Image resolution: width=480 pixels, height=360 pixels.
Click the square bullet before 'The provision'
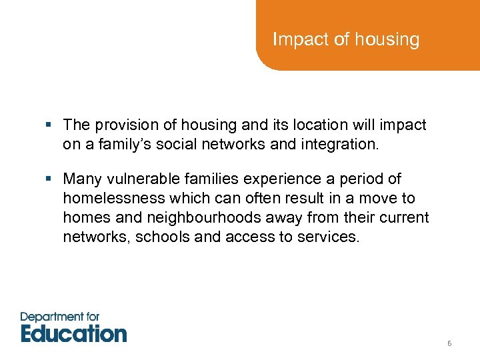click(x=52, y=125)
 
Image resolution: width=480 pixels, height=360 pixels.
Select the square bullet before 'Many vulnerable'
click(x=52, y=179)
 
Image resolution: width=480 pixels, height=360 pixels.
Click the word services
click(x=331, y=237)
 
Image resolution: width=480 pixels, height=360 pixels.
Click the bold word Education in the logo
click(x=73, y=333)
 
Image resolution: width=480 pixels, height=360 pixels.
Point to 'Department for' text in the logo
click(x=61, y=317)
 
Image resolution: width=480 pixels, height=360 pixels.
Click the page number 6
click(x=449, y=343)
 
